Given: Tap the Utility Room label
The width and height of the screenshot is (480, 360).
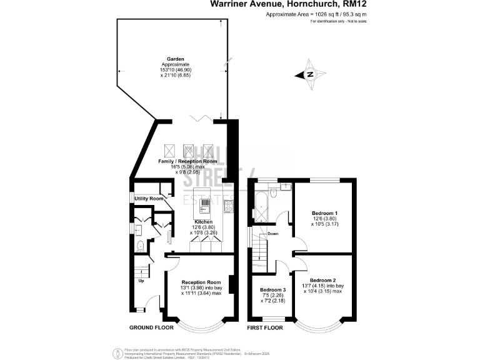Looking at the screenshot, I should point(149,199).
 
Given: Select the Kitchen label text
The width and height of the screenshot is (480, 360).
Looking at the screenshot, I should point(204,222).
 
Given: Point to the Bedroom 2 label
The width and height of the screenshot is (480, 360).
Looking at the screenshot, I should point(323,280).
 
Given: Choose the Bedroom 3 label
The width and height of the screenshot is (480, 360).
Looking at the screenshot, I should point(272,290).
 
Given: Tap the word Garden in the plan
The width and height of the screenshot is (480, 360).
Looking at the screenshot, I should point(166,59).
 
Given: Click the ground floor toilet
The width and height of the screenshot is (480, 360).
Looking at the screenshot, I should point(140,246).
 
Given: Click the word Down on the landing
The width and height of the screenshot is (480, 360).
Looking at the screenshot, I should point(273,234).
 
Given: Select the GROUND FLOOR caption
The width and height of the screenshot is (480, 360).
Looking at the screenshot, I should point(151,327).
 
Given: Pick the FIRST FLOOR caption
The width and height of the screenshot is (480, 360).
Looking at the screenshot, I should point(265,327).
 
